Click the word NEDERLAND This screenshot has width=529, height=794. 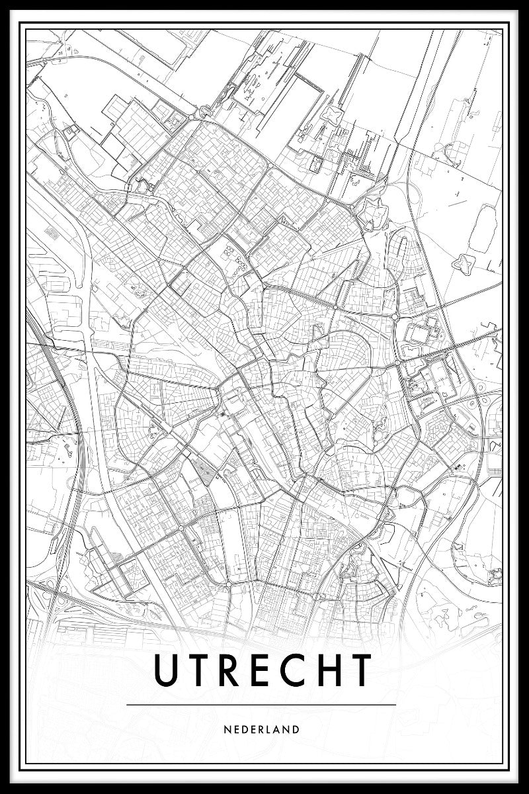[263, 730]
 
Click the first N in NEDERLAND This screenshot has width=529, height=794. [227, 730]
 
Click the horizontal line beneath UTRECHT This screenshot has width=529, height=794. [261, 705]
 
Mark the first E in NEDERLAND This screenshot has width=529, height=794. [236, 730]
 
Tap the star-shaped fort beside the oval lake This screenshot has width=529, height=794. [461, 263]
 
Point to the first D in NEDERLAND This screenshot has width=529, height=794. [244, 730]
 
